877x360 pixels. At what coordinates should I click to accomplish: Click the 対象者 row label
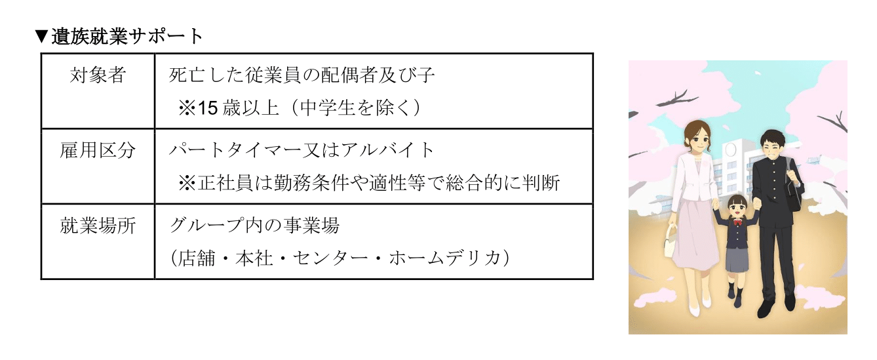pyautogui.click(x=98, y=76)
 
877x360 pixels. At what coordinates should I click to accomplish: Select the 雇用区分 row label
pyautogui.click(x=98, y=150)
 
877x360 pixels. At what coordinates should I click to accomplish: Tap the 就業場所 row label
pyautogui.click(x=98, y=226)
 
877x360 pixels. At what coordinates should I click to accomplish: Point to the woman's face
pyautogui.click(x=694, y=139)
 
